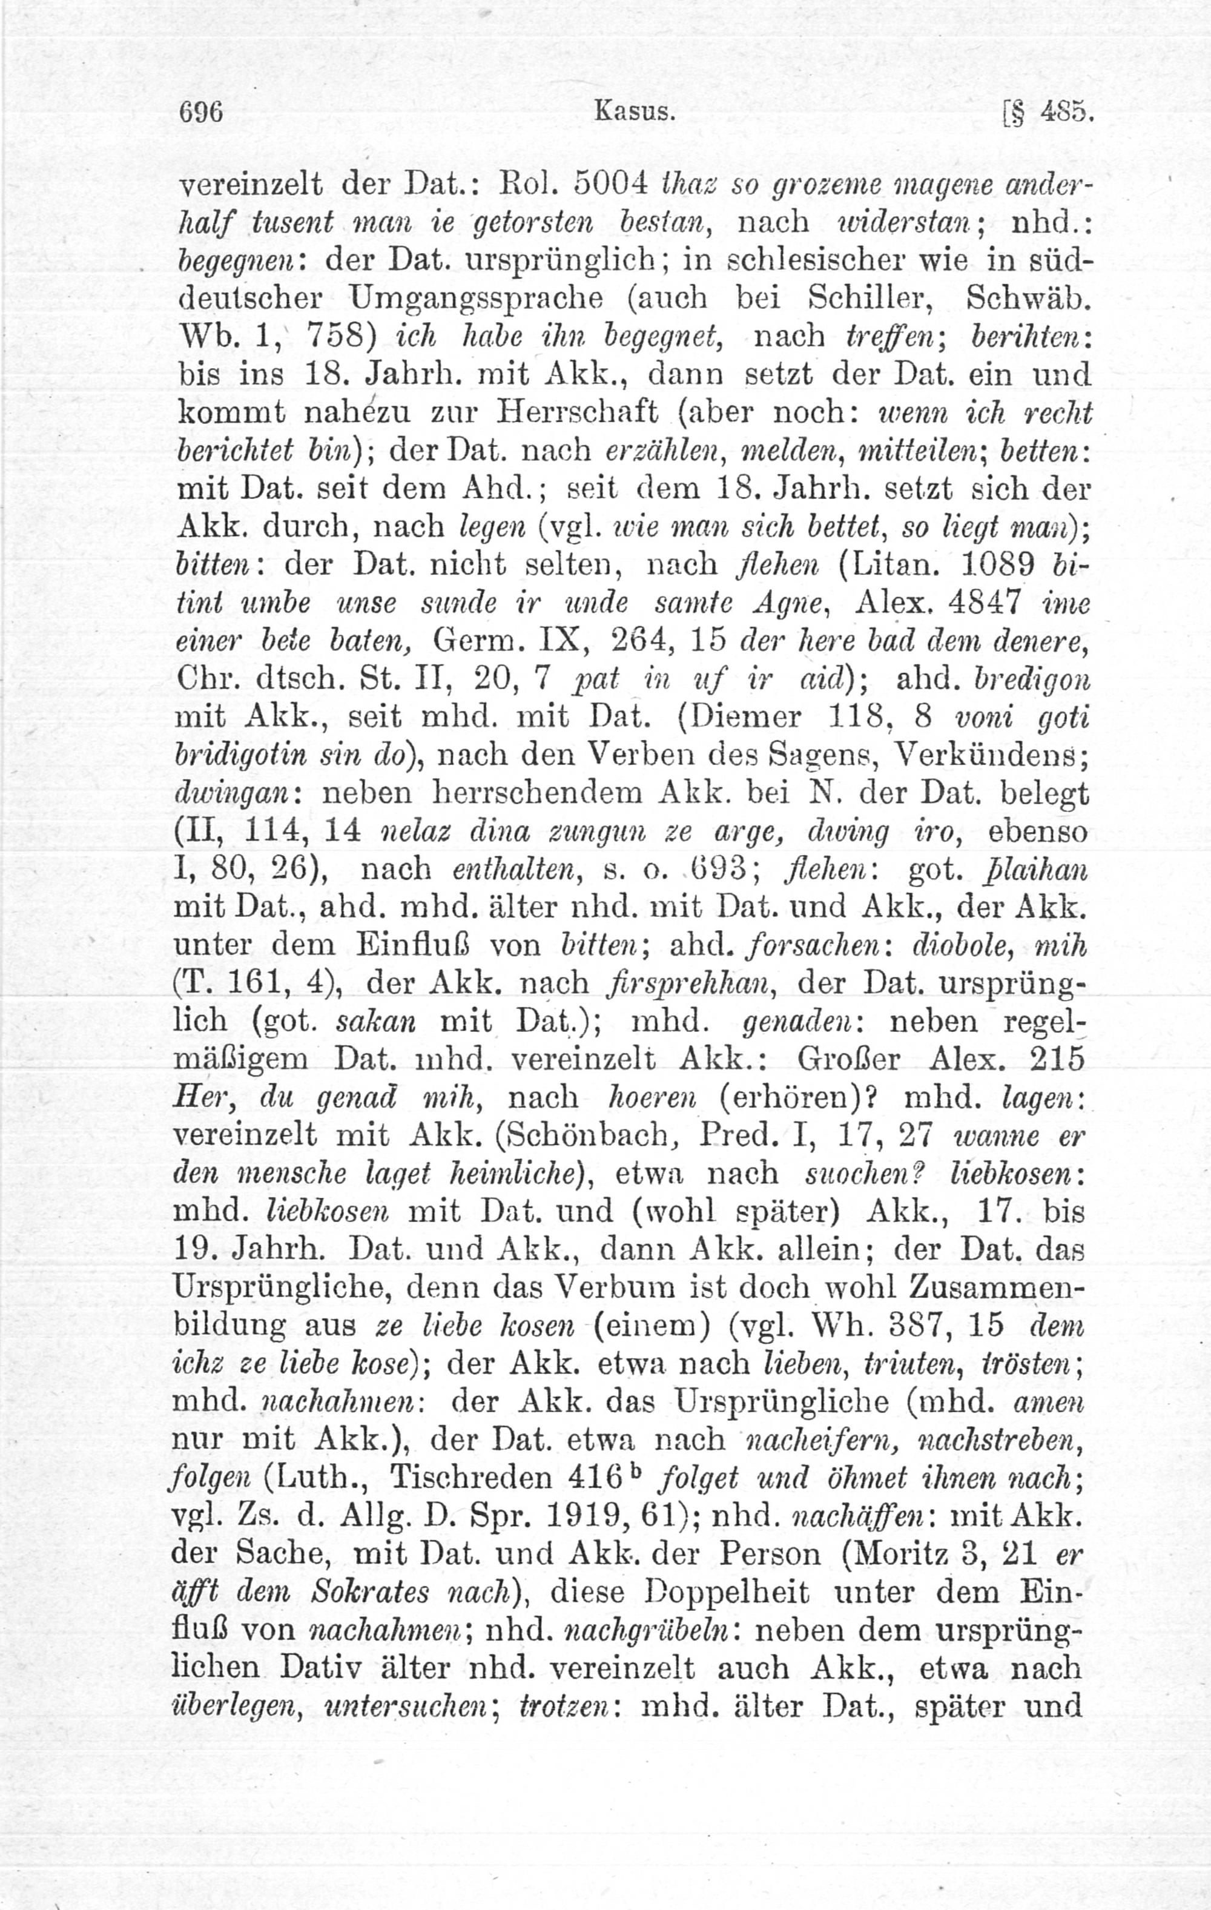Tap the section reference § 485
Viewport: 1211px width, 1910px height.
[1048, 113]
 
